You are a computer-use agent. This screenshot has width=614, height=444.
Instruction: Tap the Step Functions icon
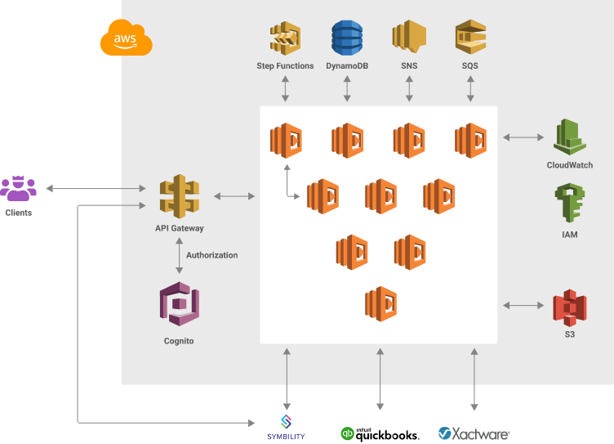click(285, 38)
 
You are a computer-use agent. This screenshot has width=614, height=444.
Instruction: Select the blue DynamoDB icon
click(347, 38)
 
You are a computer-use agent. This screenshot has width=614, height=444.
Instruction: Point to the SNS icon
click(409, 38)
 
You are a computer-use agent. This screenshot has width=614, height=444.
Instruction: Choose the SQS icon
click(470, 38)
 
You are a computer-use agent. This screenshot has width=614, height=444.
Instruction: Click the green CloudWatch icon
click(569, 137)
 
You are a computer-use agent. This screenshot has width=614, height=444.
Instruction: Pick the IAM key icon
click(569, 204)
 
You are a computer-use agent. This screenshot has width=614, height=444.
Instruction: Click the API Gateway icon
click(179, 197)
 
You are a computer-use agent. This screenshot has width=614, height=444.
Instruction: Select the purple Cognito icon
click(179, 305)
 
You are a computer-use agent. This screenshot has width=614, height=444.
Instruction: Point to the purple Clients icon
click(18, 189)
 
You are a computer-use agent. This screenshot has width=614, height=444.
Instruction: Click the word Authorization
click(211, 255)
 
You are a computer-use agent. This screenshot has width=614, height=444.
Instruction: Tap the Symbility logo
click(286, 428)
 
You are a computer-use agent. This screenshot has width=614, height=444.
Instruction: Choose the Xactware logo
click(474, 433)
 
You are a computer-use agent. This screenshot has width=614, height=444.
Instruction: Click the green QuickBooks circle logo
click(347, 433)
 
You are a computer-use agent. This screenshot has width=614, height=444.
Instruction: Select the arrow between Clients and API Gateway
click(101, 189)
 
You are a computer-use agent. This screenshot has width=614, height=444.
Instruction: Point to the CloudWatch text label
click(569, 165)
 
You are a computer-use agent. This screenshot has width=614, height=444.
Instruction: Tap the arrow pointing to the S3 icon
click(523, 305)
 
